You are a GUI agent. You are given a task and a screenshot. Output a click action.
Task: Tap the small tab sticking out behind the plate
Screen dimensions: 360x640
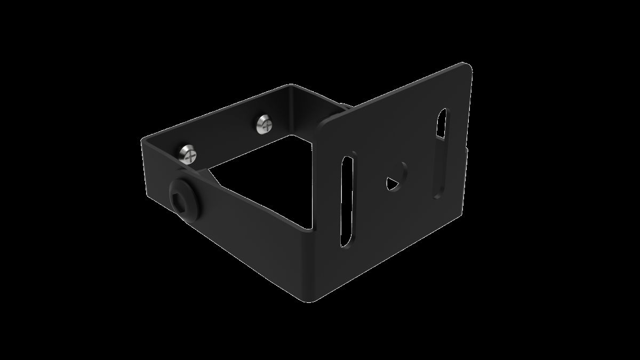[x=346, y=107]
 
